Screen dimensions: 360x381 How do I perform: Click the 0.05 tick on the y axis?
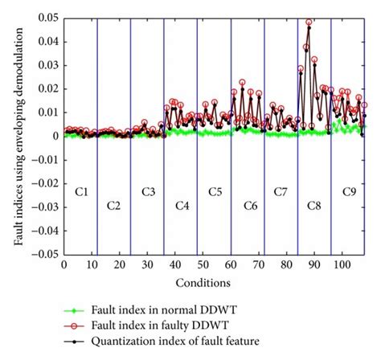pos(49,17)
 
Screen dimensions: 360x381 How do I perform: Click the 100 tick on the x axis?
pos(342,264)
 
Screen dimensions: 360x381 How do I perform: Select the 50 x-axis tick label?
pos(203,264)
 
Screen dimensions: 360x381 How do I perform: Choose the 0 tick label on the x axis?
pos(63,264)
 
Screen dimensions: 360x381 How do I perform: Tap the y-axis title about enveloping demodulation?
pos(18,134)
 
